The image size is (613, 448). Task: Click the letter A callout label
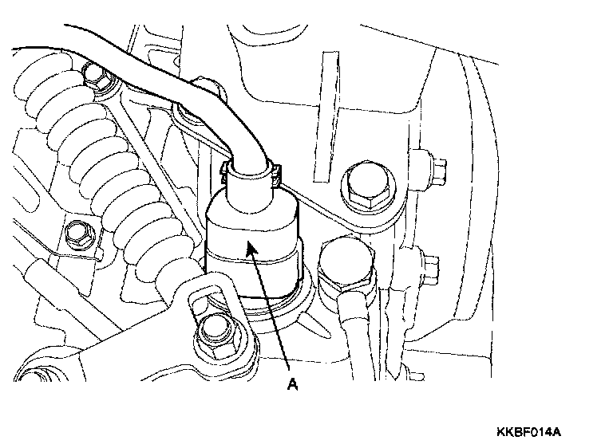pyautogui.click(x=292, y=384)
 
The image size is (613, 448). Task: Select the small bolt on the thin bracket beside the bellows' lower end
pyautogui.click(x=79, y=233)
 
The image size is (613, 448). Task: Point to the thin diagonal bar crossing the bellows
pyautogui.click(x=144, y=159)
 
